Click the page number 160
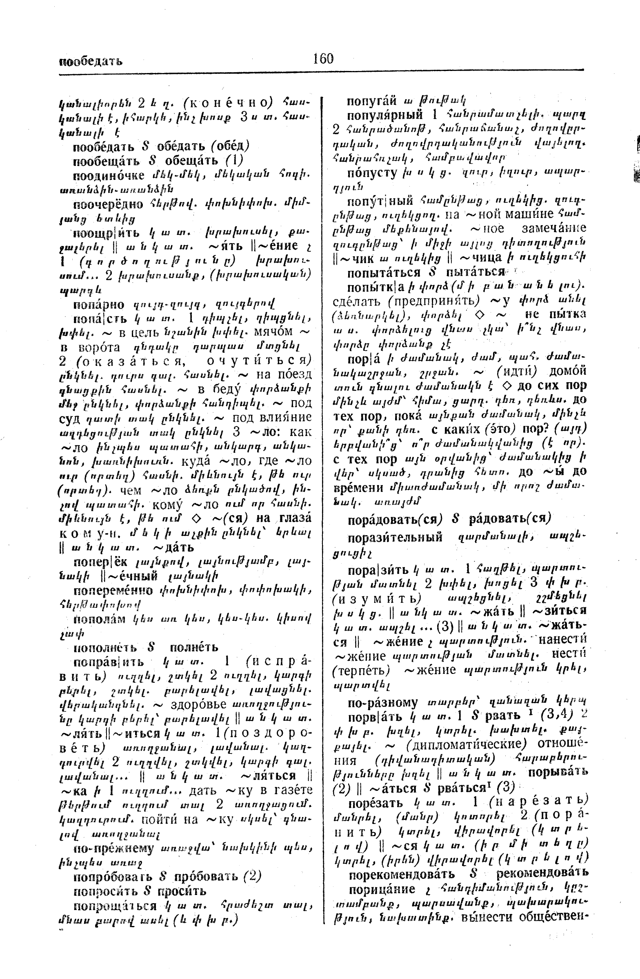coord(323,59)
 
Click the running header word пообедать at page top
coord(91,62)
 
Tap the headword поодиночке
coord(109,176)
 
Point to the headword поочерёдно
coord(108,204)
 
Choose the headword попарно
coord(99,305)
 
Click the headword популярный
coord(385,115)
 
